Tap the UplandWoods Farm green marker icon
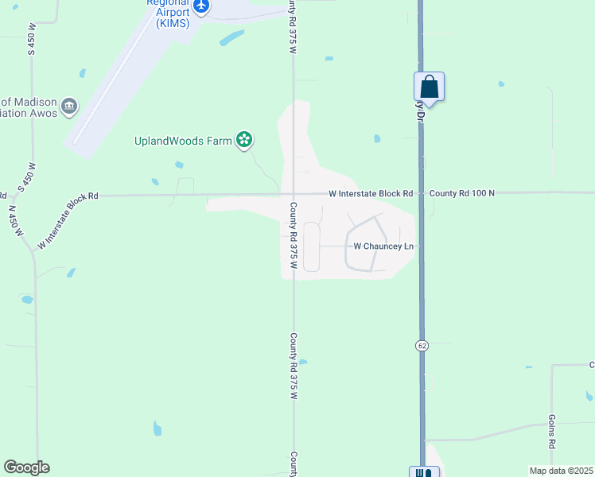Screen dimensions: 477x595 245,142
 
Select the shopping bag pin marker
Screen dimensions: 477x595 429,87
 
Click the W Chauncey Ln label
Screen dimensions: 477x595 383,246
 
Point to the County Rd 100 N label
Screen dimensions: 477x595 461,193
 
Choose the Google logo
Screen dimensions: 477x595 26,467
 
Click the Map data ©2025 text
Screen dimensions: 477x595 561,471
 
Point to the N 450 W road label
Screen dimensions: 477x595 14,222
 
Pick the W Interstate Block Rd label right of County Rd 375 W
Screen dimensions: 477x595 371,193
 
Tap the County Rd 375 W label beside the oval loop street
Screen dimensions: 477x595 293,235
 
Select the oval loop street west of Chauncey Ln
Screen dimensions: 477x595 311,246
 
